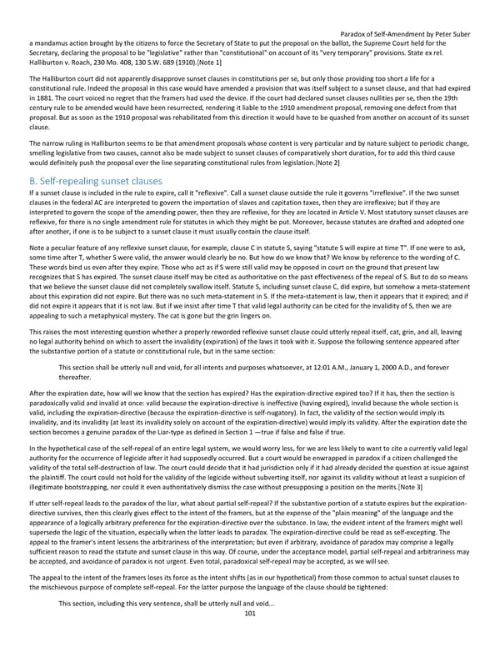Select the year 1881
click(x=38, y=103)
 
